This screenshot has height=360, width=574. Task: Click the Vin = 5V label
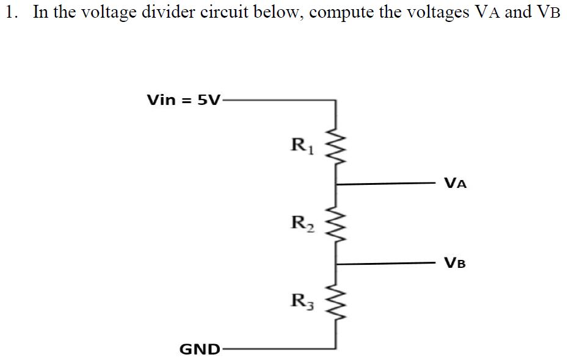(184, 100)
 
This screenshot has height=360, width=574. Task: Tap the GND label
(200, 349)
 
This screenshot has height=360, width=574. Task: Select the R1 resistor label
(301, 146)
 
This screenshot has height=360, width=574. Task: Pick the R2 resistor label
(301, 223)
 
